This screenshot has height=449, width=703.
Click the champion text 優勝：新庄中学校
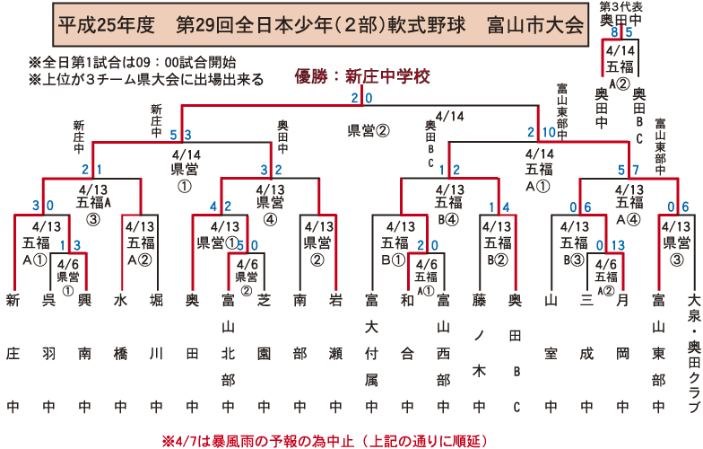[x=358, y=76]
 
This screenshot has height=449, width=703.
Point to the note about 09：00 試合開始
[x=133, y=62]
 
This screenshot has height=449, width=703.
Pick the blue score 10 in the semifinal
[x=549, y=133]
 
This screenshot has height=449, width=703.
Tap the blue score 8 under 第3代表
[x=614, y=32]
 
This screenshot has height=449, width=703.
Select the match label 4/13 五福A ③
[x=94, y=203]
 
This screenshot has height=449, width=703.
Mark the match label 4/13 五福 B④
[x=448, y=203]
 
